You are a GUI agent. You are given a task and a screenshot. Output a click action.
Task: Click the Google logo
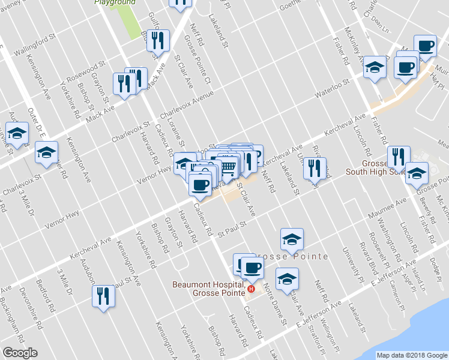pyautogui.click(x=20, y=353)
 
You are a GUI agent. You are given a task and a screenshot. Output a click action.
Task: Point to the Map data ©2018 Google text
pyautogui.click(x=411, y=355)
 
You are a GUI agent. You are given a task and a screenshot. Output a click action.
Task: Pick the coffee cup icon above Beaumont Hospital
pyautogui.click(x=251, y=266)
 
